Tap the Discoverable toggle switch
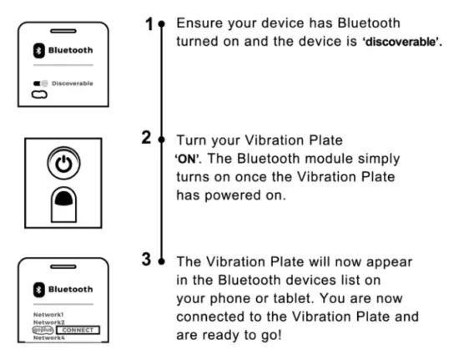click(x=38, y=84)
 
